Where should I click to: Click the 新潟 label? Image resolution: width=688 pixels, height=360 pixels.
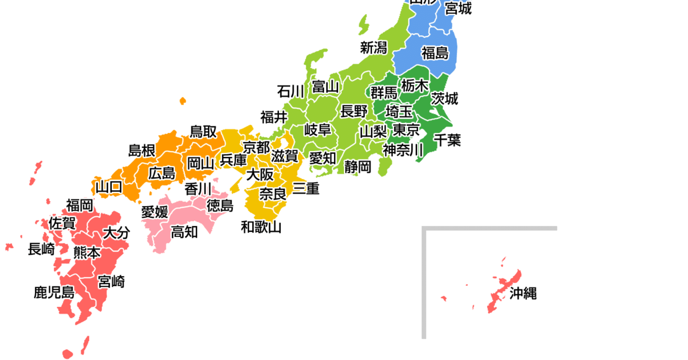(374, 47)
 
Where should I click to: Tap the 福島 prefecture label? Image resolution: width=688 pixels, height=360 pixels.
(435, 53)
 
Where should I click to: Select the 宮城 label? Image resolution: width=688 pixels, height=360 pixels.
(459, 8)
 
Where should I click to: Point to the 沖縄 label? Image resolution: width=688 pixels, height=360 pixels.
(523, 294)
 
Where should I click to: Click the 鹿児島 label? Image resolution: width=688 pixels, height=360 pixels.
(54, 292)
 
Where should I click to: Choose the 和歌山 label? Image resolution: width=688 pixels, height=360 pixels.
(262, 227)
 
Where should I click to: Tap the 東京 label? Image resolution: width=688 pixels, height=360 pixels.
(406, 130)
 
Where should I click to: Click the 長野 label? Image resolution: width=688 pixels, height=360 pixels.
(354, 111)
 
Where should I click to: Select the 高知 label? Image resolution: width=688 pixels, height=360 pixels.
(184, 232)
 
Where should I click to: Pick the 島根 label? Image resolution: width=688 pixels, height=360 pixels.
(141, 150)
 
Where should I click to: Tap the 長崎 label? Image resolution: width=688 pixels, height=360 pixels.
(41, 249)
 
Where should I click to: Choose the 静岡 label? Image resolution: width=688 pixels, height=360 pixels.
(358, 167)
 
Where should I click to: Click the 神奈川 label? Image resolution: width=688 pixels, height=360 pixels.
(403, 150)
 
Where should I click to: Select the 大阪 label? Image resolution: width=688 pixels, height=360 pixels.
(260, 174)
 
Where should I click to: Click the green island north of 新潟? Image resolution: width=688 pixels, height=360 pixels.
(363, 25)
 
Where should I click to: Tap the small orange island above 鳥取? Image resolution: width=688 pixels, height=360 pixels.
(183, 101)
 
